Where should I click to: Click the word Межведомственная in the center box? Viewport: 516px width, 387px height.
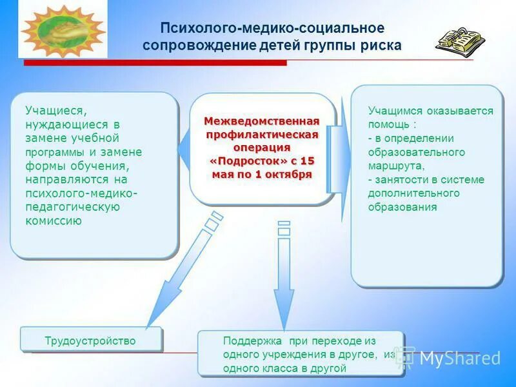click(262, 121)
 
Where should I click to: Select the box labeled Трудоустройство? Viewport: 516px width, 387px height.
click(90, 341)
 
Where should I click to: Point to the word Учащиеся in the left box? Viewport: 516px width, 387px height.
click(55, 110)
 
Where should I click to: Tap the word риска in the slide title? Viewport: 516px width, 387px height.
click(380, 45)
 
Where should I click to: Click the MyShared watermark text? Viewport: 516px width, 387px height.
click(459, 359)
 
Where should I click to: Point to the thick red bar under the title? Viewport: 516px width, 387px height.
click(155, 63)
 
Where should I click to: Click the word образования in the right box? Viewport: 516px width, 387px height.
click(402, 207)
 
